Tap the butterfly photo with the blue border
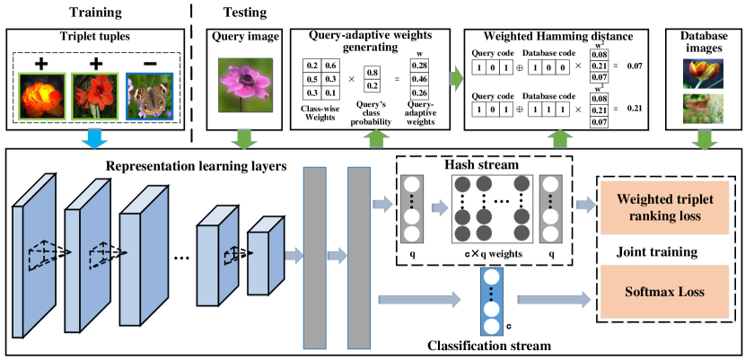tap(149, 97)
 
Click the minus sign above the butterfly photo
tap(149, 64)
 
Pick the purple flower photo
tap(245, 85)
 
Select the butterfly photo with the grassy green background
tap(703, 109)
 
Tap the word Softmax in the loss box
tap(644, 292)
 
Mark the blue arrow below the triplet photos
tap(93, 138)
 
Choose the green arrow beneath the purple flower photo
tap(243, 138)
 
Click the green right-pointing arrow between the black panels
tap(457, 78)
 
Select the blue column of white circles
tap(491, 301)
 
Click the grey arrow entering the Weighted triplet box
tap(586, 206)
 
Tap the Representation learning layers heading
tap(196, 166)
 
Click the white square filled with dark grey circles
tap(492, 208)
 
